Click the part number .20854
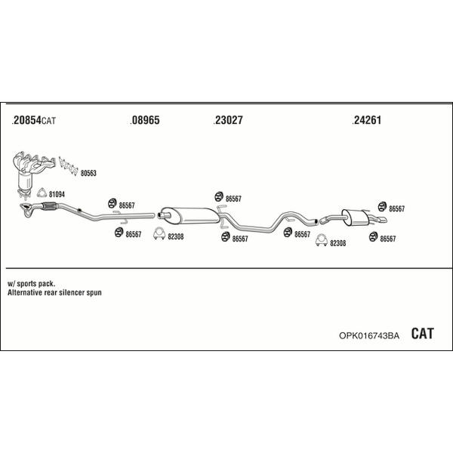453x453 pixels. (x=26, y=120)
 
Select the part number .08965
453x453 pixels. (x=145, y=120)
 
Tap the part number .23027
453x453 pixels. (x=228, y=120)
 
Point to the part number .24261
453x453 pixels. (x=367, y=120)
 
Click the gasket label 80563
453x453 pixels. (x=88, y=173)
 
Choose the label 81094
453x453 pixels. (x=57, y=195)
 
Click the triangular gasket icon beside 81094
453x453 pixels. (x=42, y=193)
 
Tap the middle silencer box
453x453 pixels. (x=190, y=215)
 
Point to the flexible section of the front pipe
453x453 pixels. (x=50, y=206)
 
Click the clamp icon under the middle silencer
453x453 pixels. (x=159, y=234)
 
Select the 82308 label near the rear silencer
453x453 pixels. (x=337, y=243)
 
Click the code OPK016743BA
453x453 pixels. (x=369, y=335)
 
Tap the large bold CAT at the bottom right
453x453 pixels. (x=422, y=334)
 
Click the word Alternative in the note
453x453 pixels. (x=25, y=292)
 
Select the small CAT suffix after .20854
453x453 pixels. (x=49, y=121)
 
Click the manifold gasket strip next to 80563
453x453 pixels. (x=69, y=166)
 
